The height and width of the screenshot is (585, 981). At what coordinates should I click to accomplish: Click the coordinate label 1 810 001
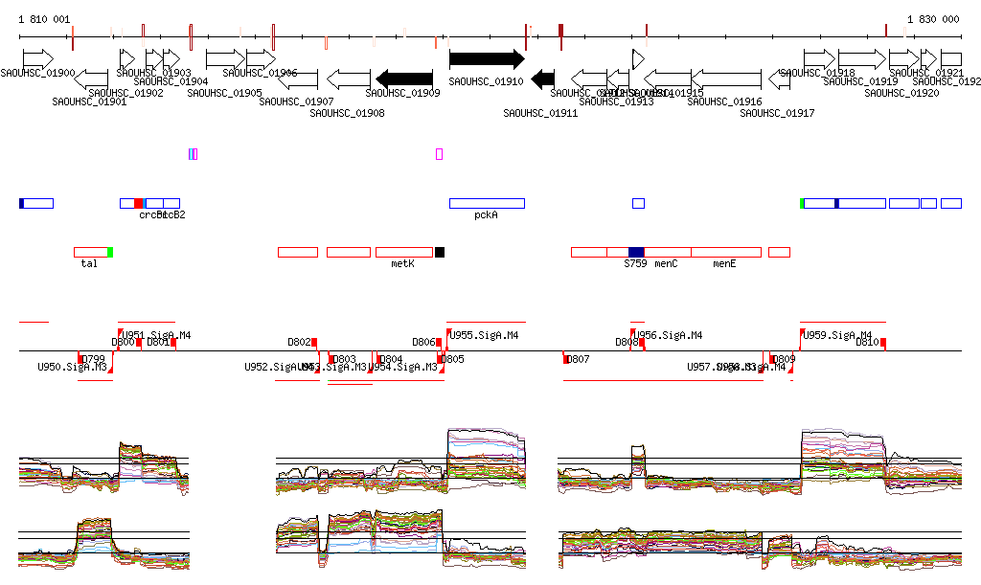pyautogui.click(x=44, y=19)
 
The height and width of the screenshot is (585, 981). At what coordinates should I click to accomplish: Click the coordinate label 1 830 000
pyautogui.click(x=933, y=19)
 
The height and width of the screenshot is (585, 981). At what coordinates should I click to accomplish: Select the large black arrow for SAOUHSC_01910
pyautogui.click(x=487, y=58)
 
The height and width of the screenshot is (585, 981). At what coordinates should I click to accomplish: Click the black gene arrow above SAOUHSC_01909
pyautogui.click(x=407, y=78)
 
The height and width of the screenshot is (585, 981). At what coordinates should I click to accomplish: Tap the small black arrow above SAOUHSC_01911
pyautogui.click(x=543, y=78)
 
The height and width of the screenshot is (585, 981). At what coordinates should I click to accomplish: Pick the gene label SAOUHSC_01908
pyautogui.click(x=348, y=113)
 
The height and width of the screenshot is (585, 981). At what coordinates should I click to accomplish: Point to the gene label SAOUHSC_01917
pyautogui.click(x=777, y=113)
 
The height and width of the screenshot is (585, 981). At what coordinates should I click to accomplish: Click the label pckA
pyautogui.click(x=486, y=215)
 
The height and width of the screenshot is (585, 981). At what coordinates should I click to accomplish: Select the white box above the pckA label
pyautogui.click(x=487, y=203)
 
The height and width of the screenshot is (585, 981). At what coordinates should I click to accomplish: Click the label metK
pyautogui.click(x=402, y=262)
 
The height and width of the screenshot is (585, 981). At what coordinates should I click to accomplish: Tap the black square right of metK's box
pyautogui.click(x=440, y=252)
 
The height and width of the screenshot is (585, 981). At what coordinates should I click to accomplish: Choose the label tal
pyautogui.click(x=89, y=262)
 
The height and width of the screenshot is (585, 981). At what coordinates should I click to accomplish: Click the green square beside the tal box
pyautogui.click(x=110, y=252)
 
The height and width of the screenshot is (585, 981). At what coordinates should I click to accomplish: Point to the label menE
pyautogui.click(x=724, y=262)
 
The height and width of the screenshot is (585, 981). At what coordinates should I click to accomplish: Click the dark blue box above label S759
pyautogui.click(x=636, y=252)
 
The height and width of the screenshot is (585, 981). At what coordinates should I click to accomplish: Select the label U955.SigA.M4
pyautogui.click(x=484, y=335)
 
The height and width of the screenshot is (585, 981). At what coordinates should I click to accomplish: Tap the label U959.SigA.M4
pyautogui.click(x=830, y=335)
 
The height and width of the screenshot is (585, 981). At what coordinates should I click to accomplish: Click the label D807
pyautogui.click(x=578, y=359)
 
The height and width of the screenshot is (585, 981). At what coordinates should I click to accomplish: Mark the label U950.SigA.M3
pyautogui.click(x=72, y=367)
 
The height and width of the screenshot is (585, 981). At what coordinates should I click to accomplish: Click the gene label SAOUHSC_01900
pyautogui.click(x=37, y=73)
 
